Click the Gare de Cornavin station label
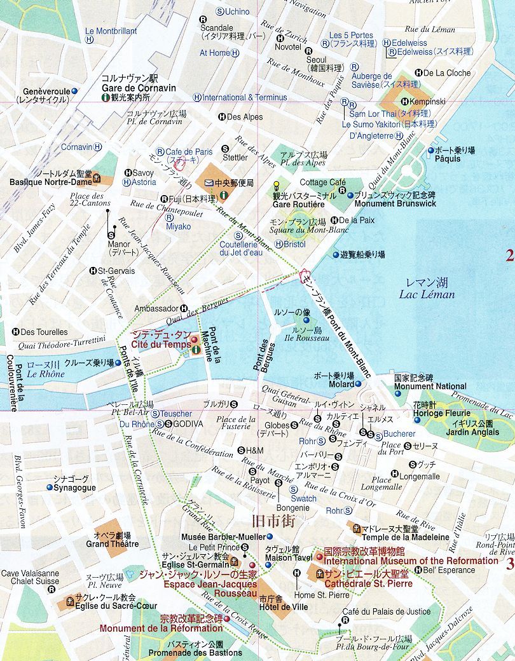pos(139,88)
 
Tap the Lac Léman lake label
pos(427,294)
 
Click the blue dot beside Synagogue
pos(50,487)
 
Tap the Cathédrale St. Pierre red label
pos(368,583)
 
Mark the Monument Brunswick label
pos(395,204)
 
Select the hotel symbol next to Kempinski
pos(406,102)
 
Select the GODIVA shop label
pos(188,424)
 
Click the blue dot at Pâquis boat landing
pos(431,151)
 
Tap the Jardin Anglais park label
pos(472,432)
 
